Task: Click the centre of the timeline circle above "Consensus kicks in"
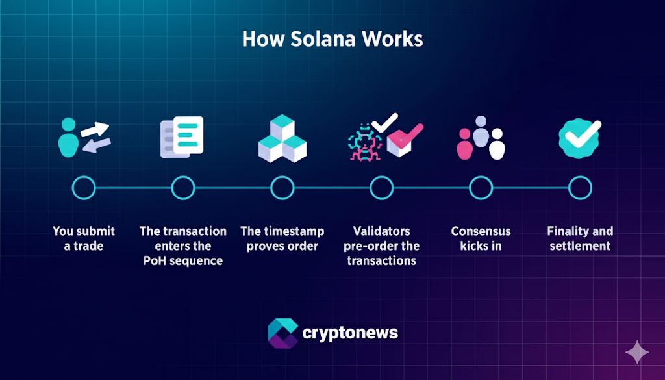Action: (481, 188)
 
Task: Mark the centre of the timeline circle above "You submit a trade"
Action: (84, 188)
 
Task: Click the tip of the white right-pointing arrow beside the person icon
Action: (109, 126)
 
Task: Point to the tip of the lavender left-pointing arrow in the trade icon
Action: (82, 148)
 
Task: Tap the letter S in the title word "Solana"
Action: (297, 39)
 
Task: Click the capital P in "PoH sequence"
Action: (147, 260)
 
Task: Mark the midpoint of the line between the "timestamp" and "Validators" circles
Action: (332, 188)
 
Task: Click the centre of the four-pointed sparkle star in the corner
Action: (637, 353)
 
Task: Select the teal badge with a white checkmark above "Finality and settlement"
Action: (579, 138)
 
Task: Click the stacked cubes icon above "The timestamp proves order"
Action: (282, 138)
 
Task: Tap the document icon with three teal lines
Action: (182, 137)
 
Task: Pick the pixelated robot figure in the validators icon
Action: (364, 142)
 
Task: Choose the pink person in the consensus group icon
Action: (465, 144)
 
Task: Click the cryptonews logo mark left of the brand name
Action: (283, 333)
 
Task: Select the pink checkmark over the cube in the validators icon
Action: (406, 135)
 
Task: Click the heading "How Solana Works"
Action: (332, 39)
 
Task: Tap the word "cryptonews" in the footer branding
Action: (350, 333)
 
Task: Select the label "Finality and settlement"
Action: (580, 238)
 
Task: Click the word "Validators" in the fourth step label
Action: (382, 231)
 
